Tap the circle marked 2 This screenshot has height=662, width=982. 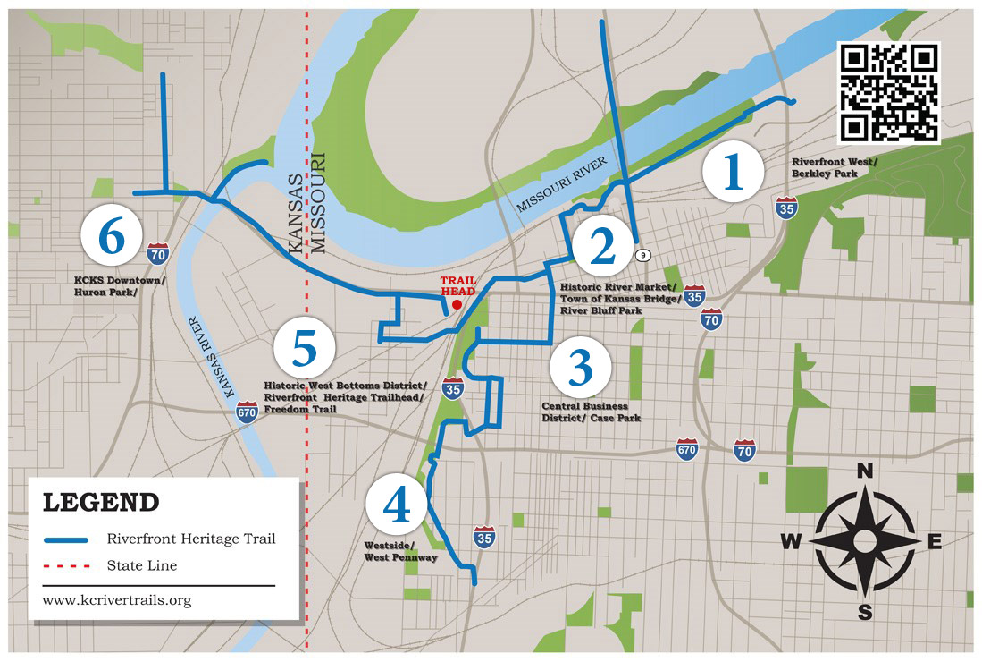coord(602,248)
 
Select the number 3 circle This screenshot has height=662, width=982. coord(580,368)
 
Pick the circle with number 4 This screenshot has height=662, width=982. coord(396,505)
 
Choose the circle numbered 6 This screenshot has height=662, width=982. coord(112,237)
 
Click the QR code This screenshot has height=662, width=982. coord(889,92)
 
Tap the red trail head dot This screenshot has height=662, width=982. coord(457,305)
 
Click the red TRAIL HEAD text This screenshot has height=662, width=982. coord(457,285)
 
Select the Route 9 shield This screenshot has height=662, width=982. coord(642,254)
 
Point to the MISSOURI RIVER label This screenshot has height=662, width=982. coord(561,183)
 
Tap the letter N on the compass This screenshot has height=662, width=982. coord(865,471)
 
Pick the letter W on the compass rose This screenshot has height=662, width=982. coord(791,541)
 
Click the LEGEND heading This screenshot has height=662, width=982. coord(101,502)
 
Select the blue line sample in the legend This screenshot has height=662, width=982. coord(65,539)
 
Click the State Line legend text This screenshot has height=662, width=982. coord(142,565)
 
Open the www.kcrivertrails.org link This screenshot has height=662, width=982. coord(117,600)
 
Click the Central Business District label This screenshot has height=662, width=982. coord(590,412)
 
